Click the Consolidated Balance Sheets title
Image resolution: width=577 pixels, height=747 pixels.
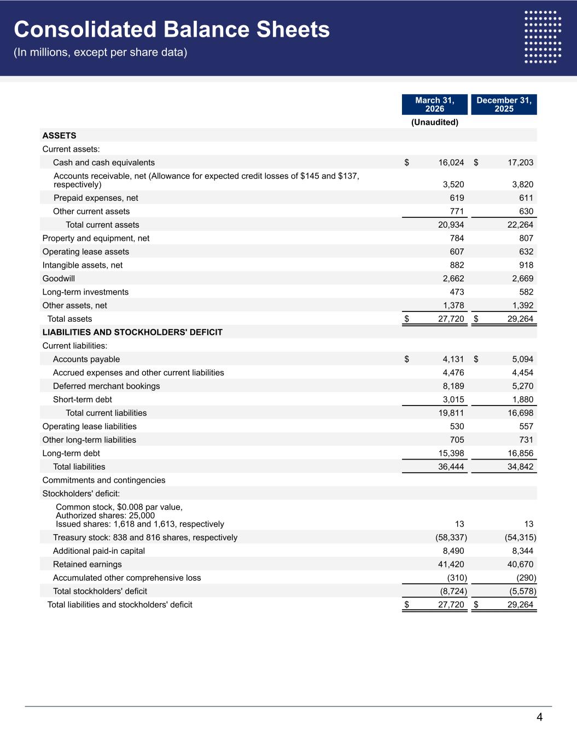pyautogui.click(x=172, y=30)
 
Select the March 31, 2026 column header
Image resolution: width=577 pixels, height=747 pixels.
pyautogui.click(x=435, y=105)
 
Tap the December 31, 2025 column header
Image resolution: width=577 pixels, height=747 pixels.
pyautogui.click(x=504, y=105)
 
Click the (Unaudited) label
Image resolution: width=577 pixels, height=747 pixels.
pyautogui.click(x=435, y=122)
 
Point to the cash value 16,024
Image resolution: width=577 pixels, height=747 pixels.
pyautogui.click(x=451, y=163)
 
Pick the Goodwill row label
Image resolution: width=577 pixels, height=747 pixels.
pyautogui.click(x=59, y=279)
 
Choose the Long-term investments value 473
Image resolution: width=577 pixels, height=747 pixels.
pyautogui.click(x=457, y=292)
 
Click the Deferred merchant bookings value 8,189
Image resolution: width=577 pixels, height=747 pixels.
pyautogui.click(x=453, y=386)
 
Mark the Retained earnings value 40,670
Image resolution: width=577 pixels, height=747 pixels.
pyautogui.click(x=520, y=564)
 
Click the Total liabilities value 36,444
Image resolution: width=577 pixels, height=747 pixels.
pyautogui.click(x=451, y=467)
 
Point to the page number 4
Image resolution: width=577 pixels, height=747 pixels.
pyautogui.click(x=539, y=717)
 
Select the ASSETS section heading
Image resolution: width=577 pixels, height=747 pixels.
pyautogui.click(x=59, y=136)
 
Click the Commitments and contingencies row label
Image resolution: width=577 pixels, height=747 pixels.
pyautogui.click(x=104, y=480)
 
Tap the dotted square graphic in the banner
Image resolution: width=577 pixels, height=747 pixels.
pyautogui.click(x=543, y=37)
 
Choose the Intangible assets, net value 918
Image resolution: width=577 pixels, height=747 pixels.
pyautogui.click(x=526, y=265)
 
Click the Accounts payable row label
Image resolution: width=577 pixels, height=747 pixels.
pyautogui.click(x=86, y=360)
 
